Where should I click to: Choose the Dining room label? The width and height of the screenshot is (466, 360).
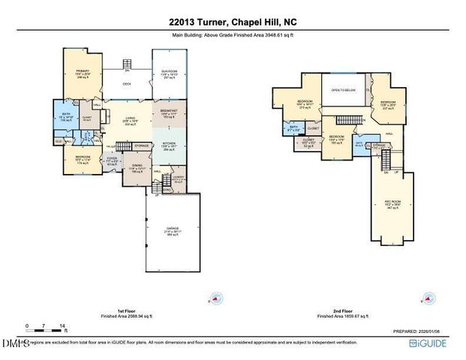[136, 168]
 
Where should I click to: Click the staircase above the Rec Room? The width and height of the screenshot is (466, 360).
[387, 159]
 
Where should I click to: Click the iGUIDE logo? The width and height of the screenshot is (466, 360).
[434, 343]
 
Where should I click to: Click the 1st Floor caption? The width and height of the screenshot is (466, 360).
[111, 311]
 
